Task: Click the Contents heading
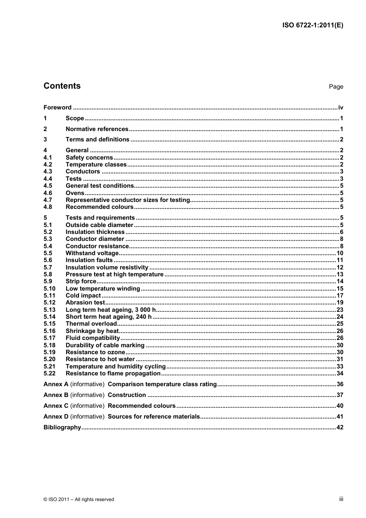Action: tap(62, 86)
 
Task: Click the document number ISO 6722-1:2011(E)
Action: tap(312, 25)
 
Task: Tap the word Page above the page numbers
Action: tap(336, 87)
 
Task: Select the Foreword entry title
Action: tap(57, 108)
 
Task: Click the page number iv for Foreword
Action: tap(340, 108)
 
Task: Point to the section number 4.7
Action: tap(48, 200)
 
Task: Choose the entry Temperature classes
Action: tap(96, 165)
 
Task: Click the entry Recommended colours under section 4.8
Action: tap(99, 207)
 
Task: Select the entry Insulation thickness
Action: tap(95, 232)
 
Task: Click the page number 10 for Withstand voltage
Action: tap(339, 253)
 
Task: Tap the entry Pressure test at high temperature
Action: tap(114, 274)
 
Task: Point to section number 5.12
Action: tap(49, 303)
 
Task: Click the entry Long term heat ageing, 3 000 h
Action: tap(111, 310)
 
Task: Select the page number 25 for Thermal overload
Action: tap(339, 324)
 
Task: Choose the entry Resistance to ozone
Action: tap(95, 352)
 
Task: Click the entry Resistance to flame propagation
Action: tap(113, 373)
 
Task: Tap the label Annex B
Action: tap(56, 395)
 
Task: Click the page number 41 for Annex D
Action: tap(339, 417)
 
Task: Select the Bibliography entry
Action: tap(62, 427)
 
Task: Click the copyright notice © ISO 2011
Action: tap(79, 499)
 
